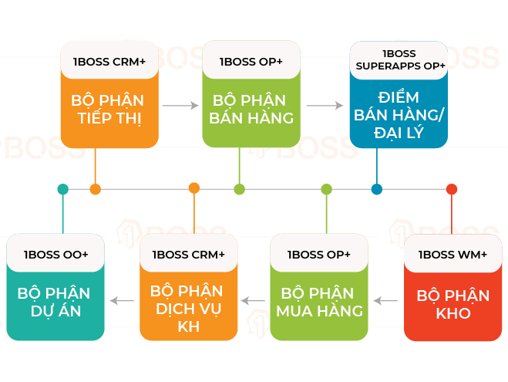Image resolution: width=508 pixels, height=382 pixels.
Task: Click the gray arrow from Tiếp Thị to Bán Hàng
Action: coord(180,106)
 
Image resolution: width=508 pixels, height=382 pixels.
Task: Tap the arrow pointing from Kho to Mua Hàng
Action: coord(385,301)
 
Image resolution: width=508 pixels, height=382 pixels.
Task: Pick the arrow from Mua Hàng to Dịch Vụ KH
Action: coord(253,301)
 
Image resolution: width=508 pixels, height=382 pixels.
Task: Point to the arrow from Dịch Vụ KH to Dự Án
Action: coord(123,301)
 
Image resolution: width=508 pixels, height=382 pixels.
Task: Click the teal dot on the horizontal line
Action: coord(63,189)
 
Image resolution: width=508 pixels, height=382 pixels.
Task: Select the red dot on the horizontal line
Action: coord(452,189)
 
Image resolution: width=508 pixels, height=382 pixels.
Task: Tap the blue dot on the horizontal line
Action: coord(377,189)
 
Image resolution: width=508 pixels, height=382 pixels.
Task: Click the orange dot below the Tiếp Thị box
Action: coord(96,189)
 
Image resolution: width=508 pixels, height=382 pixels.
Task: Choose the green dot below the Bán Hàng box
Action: coord(239,189)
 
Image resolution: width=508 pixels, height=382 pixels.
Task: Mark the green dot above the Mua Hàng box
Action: coord(327,189)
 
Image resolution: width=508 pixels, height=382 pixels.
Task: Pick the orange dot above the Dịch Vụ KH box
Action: coord(194,189)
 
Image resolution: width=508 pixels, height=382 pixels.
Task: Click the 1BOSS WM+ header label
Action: coord(452,255)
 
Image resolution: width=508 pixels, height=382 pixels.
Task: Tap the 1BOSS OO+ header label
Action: coord(56,255)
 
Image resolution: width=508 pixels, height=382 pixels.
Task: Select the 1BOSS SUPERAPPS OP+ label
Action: coord(399,60)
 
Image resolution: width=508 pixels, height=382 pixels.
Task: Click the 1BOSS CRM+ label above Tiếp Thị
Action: coord(109,61)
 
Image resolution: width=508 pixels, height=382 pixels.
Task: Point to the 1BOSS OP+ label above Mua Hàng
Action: coord(318,255)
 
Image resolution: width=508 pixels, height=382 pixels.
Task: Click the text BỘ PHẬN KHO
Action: coord(452,304)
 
